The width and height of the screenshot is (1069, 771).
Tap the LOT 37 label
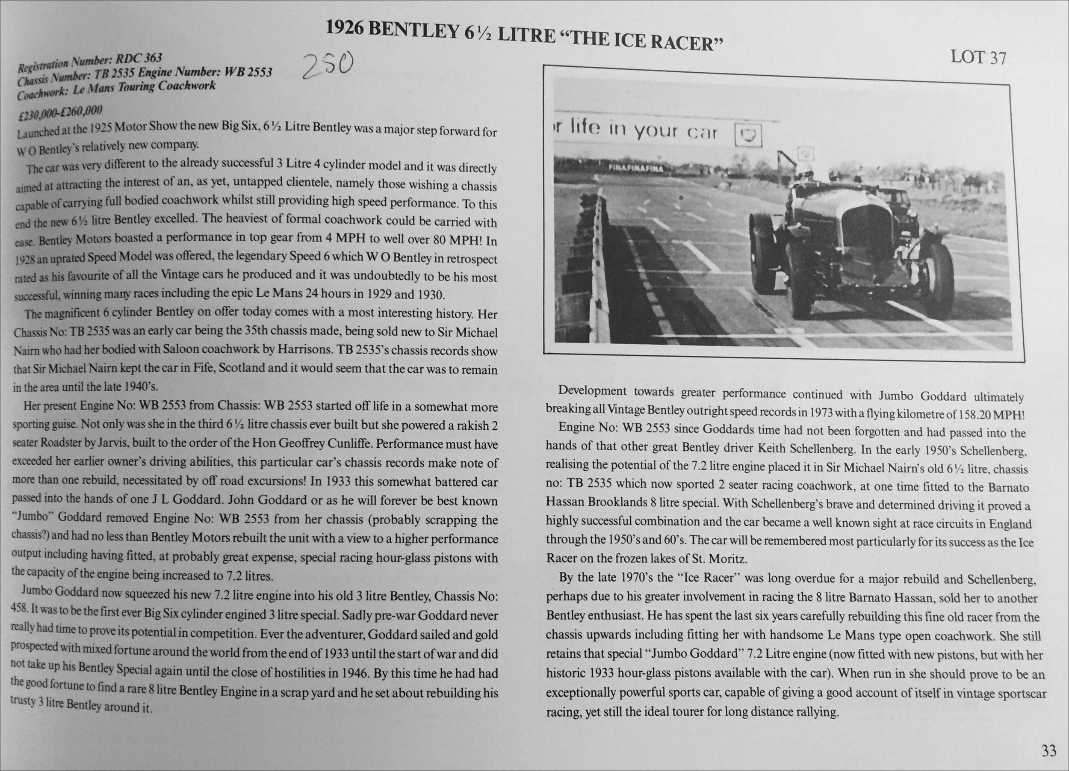click(978, 57)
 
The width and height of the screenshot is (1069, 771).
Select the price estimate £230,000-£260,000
click(60, 112)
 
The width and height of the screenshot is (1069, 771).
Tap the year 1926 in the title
click(344, 29)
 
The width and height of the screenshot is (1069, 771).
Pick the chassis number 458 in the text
click(18, 609)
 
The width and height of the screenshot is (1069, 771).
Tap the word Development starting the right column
click(592, 391)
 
